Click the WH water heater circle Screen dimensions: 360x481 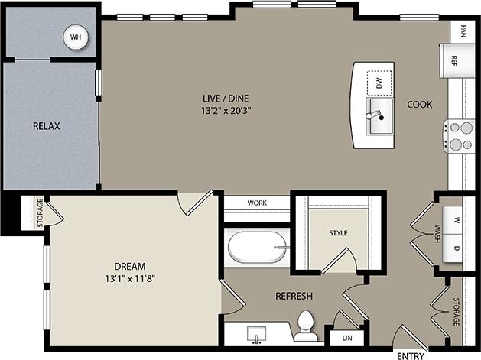75,37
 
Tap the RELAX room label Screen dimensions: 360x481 47,126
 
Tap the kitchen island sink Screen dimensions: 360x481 379,115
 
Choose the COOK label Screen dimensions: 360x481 420,105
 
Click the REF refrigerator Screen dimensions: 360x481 453,60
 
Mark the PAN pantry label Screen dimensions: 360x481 463,31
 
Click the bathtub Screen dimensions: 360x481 258,248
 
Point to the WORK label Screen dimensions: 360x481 257,203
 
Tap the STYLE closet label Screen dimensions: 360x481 338,232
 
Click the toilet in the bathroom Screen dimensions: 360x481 307,326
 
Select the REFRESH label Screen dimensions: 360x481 294,296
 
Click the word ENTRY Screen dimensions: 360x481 411,355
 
